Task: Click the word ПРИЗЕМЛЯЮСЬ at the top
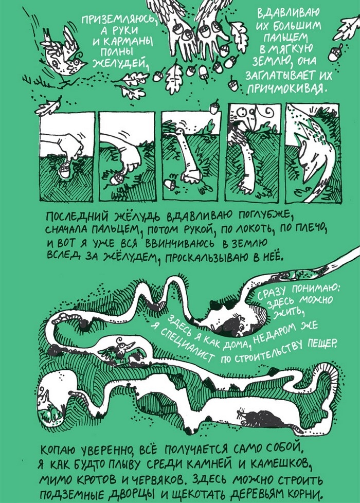pyautogui.click(x=118, y=21)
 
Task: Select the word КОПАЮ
pyautogui.click(x=59, y=450)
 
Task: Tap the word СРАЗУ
pyautogui.click(x=272, y=292)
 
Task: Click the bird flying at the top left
pyautogui.click(x=64, y=55)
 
